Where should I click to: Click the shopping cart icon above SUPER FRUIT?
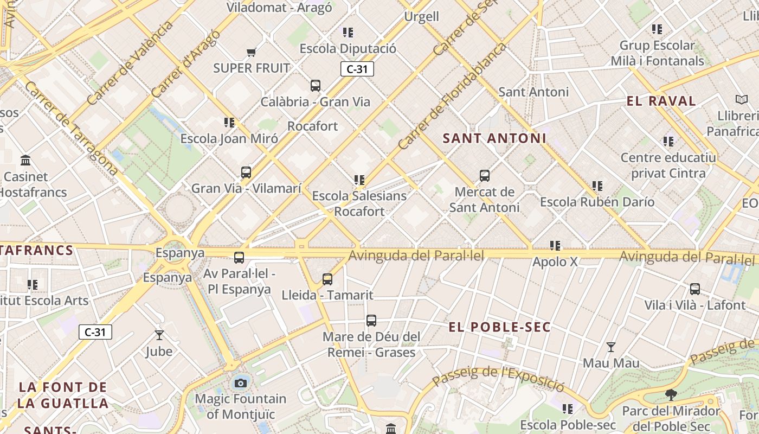click(251, 53)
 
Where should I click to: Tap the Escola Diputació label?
click(348, 48)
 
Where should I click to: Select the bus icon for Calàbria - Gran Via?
click(315, 86)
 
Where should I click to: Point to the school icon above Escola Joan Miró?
click(229, 123)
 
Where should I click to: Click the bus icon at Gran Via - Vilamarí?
click(246, 173)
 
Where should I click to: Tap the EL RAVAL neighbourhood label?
click(661, 101)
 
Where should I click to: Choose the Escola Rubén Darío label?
click(597, 202)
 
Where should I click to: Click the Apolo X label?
click(555, 261)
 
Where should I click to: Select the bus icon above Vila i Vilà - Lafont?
click(694, 289)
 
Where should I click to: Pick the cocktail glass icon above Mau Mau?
click(611, 347)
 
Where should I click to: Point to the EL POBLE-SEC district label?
click(500, 327)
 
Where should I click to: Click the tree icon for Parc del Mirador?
click(671, 394)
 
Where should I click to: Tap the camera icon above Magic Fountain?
click(241, 383)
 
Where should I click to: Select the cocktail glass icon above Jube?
click(159, 335)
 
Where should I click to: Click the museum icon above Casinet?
click(25, 161)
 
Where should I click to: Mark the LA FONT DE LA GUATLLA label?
click(63, 395)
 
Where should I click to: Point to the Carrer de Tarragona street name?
click(71, 128)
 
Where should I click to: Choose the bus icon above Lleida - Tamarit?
click(327, 279)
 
